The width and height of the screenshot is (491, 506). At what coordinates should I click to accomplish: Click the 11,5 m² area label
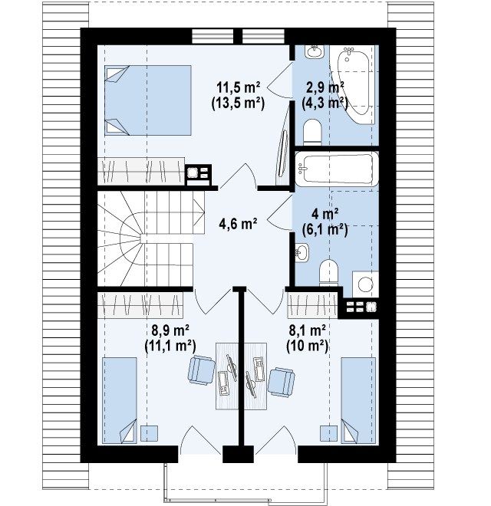(x=239, y=87)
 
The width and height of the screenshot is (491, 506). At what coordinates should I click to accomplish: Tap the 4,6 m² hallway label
(x=238, y=224)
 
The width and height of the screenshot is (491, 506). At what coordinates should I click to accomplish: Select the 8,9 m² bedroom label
(x=170, y=330)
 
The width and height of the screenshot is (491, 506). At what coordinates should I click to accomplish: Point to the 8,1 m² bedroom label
(x=307, y=330)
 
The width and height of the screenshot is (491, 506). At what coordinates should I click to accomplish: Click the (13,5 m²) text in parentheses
(x=239, y=103)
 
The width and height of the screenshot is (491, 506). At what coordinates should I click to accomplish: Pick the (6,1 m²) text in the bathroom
(x=325, y=229)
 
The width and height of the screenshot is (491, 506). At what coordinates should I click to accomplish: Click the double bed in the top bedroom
(x=148, y=100)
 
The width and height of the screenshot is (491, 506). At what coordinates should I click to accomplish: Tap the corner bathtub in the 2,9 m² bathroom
(x=354, y=85)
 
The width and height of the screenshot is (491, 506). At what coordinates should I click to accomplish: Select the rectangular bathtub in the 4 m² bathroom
(x=337, y=169)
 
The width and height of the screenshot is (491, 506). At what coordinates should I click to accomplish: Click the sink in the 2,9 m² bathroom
(x=314, y=51)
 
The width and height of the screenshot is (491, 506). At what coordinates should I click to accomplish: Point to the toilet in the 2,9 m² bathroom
(x=313, y=132)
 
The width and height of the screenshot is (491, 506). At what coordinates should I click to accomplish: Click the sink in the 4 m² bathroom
(x=302, y=252)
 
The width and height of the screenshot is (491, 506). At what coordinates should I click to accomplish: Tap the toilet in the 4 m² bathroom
(x=328, y=273)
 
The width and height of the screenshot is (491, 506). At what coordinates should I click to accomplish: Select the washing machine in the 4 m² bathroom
(x=365, y=284)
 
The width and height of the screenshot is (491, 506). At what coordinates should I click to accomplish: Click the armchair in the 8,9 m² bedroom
(x=202, y=370)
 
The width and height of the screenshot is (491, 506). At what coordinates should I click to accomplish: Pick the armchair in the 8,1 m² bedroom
(x=282, y=383)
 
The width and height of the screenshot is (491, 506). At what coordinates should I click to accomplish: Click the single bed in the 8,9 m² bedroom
(x=120, y=400)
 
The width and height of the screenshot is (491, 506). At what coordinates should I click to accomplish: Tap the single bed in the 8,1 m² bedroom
(x=358, y=399)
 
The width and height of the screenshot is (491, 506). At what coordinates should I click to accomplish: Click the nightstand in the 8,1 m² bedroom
(x=328, y=433)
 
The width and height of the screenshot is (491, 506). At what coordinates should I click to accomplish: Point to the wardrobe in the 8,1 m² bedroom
(x=312, y=304)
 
